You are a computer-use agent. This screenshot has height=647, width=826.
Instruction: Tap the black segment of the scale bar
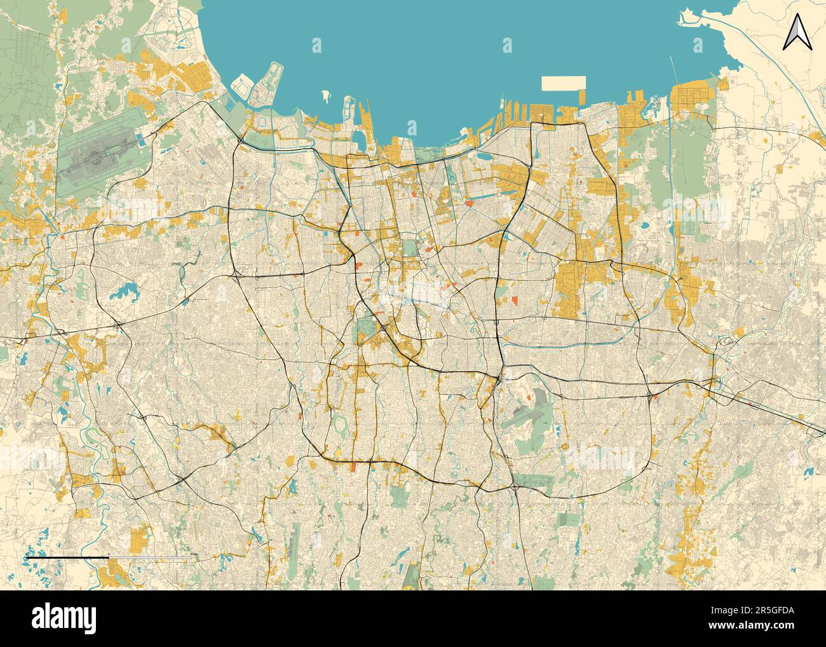point(67,557)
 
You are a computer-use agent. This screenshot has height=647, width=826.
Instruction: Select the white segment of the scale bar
point(150,557)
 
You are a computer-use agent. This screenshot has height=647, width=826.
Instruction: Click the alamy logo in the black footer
point(64,617)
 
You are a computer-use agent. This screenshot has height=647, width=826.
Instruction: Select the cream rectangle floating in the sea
point(563,83)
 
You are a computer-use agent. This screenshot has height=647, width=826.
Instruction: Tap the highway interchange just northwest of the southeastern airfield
point(501,378)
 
